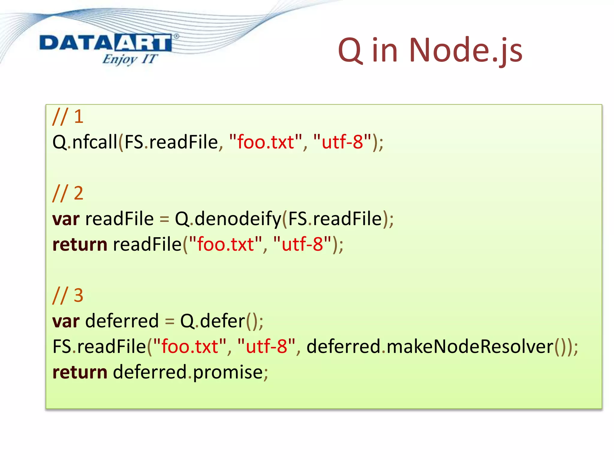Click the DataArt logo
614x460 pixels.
tap(106, 43)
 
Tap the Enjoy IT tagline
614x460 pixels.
tap(130, 59)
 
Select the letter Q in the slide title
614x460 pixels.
tap(350, 50)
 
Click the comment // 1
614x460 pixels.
tap(68, 116)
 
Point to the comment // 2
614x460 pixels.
tap(68, 193)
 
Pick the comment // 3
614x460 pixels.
tap(68, 295)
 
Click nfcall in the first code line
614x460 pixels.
tap(95, 142)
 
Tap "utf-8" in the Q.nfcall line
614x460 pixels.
tap(342, 142)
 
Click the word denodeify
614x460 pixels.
tap(238, 219)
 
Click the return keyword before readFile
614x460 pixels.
tap(80, 244)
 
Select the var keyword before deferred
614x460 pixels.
tap(66, 321)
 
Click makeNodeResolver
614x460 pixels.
tap(470, 346)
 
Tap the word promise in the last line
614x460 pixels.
tap(228, 372)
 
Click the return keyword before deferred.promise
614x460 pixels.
tap(80, 372)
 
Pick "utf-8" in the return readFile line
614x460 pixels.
tap(302, 244)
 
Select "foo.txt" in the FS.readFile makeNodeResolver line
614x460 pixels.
tap(190, 346)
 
